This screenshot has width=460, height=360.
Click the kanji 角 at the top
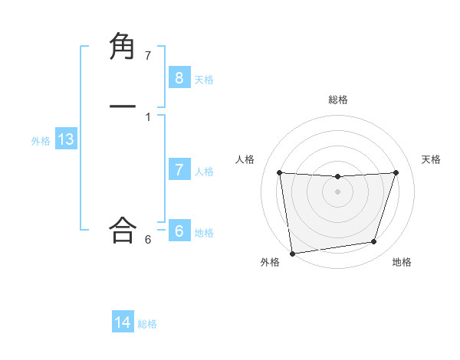[123, 47]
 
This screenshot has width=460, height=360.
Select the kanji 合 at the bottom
[123, 229]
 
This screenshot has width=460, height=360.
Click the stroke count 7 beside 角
[148, 56]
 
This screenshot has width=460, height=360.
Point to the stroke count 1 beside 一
[148, 116]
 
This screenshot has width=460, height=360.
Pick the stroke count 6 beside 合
[148, 240]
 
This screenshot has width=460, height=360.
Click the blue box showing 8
[179, 77]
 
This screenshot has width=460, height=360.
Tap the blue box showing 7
[179, 170]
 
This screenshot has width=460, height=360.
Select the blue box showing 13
[65, 139]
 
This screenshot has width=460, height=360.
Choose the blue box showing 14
[123, 322]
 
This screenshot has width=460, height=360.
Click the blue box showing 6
[179, 231]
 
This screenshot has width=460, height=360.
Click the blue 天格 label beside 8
[204, 80]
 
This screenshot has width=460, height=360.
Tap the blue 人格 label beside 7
[204, 172]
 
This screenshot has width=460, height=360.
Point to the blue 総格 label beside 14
[147, 324]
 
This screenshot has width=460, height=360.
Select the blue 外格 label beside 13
[41, 141]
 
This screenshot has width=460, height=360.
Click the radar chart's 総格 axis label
[337, 100]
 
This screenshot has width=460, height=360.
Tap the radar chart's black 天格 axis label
[431, 159]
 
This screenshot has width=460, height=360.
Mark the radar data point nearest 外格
[292, 253]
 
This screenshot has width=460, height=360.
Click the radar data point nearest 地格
[374, 242]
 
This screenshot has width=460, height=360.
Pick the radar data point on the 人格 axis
[279, 172]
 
